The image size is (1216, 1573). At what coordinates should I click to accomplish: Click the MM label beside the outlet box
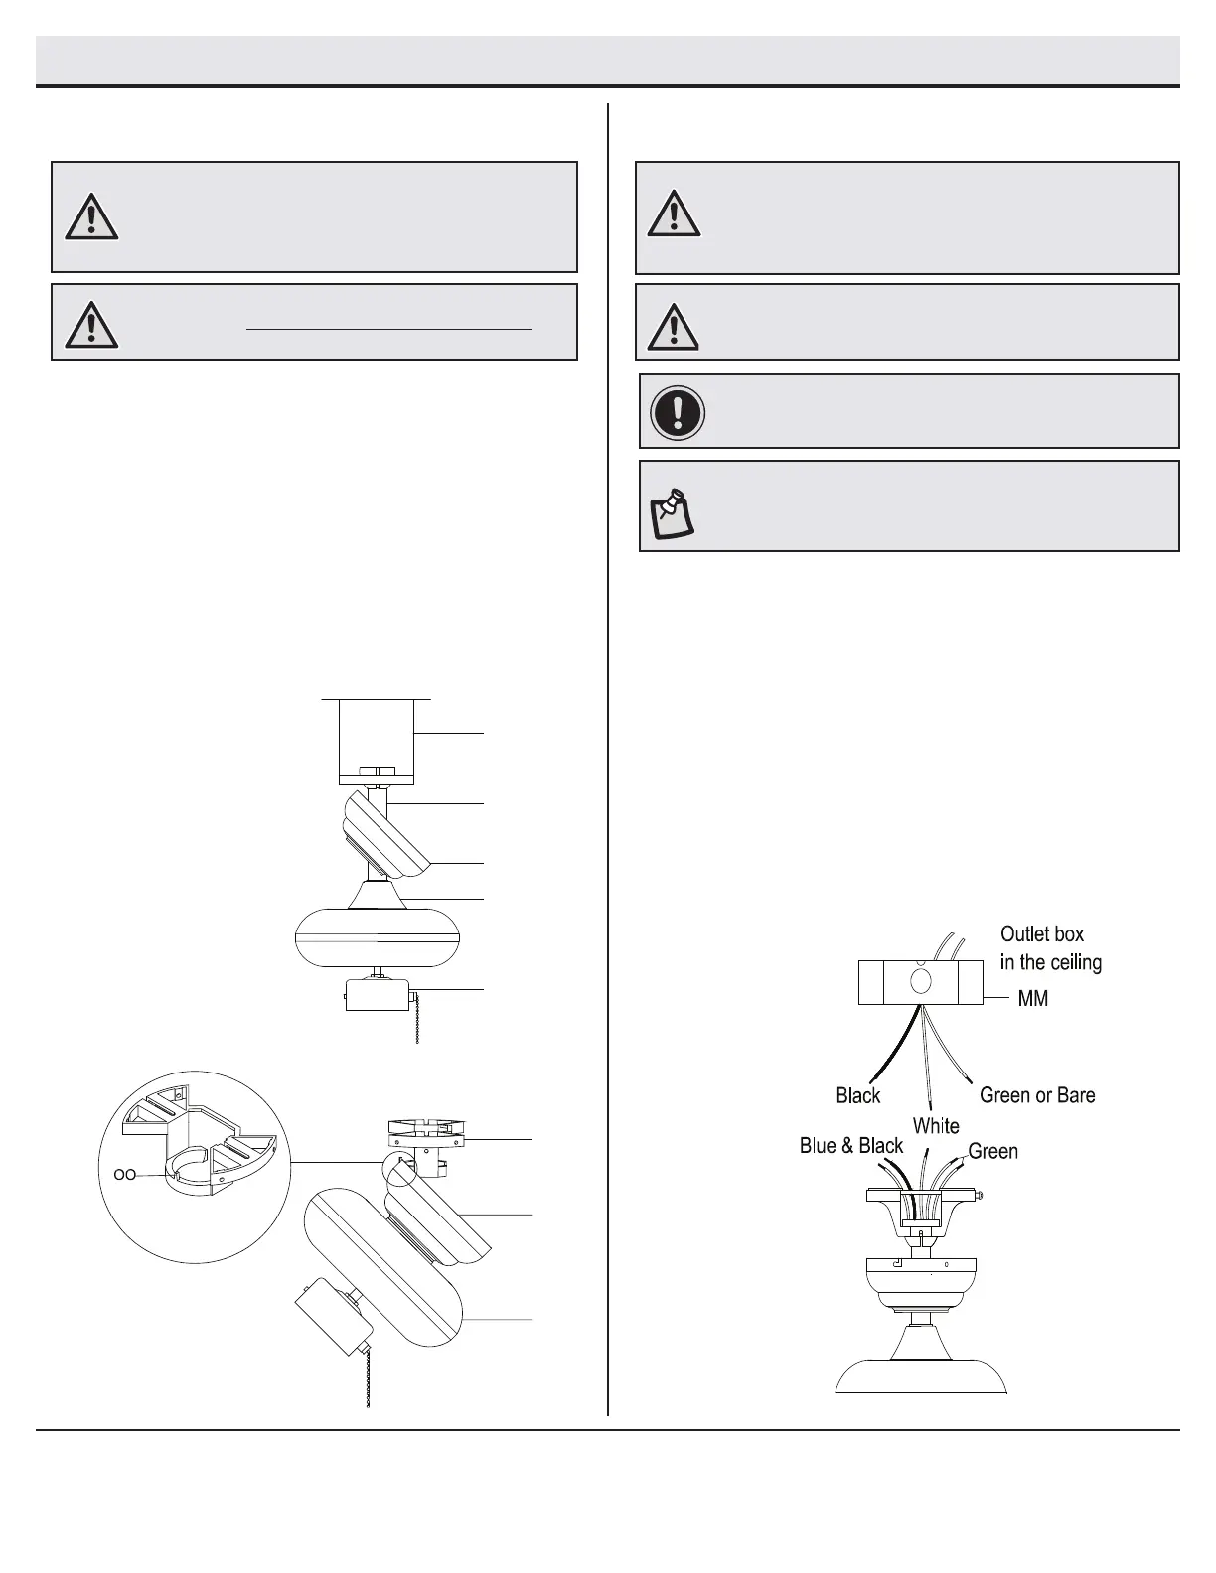pos(1032,999)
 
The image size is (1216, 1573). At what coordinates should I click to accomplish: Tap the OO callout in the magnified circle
pos(125,1174)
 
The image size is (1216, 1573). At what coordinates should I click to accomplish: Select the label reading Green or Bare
pos(1036,1095)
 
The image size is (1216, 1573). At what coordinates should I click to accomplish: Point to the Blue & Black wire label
pos(851,1146)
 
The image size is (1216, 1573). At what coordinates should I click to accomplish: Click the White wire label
pos(936,1126)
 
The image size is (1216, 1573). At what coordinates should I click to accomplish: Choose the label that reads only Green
pos(992,1152)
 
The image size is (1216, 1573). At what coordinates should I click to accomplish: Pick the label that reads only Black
pos(858,1095)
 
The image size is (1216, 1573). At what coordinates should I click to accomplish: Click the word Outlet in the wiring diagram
pos(1026,934)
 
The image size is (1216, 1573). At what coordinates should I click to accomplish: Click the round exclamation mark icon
pos(678,412)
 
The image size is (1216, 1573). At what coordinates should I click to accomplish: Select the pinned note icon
pos(672,512)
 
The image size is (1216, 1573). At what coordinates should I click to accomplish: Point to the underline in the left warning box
pos(388,327)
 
